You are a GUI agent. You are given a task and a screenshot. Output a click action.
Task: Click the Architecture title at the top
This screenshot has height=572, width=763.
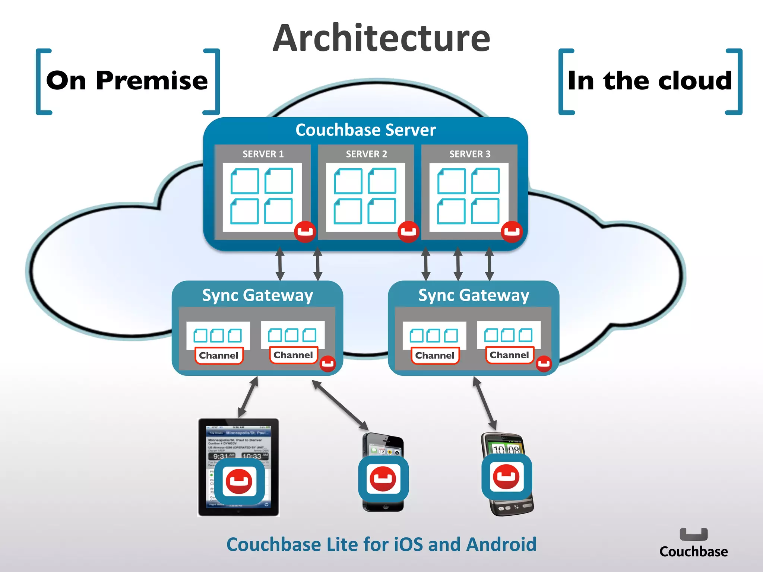[381, 38]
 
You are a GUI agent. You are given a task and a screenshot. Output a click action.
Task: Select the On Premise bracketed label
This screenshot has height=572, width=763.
[127, 81]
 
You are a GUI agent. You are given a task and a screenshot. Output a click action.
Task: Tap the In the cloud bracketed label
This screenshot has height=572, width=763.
[650, 81]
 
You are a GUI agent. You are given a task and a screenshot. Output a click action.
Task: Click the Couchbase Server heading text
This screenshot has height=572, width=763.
[365, 130]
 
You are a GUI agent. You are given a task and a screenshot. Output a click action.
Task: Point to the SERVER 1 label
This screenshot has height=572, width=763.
[263, 154]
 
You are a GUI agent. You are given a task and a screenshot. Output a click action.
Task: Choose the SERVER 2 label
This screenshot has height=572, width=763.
[366, 154]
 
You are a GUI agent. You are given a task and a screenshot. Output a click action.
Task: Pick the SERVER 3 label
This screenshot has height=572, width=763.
[470, 154]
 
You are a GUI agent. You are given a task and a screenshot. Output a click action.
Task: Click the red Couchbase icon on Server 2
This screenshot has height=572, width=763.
[408, 232]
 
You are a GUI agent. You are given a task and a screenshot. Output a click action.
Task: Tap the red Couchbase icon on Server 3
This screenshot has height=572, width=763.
[512, 232]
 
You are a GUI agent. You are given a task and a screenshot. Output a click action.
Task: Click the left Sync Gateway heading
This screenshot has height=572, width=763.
[257, 295]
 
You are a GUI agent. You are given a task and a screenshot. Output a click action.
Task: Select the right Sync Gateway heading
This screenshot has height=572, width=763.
[474, 295]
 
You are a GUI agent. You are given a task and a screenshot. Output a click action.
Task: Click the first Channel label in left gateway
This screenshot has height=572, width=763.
[219, 356]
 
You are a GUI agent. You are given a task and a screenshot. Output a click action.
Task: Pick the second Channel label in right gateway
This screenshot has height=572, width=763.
[509, 355]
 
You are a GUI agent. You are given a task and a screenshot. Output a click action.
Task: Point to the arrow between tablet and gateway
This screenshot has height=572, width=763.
[248, 397]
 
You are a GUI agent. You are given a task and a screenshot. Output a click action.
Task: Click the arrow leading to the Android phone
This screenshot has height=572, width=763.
[485, 403]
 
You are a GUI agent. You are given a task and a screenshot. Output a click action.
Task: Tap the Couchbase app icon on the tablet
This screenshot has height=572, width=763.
[239, 481]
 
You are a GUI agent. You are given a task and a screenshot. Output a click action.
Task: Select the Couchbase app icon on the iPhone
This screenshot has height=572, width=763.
[383, 479]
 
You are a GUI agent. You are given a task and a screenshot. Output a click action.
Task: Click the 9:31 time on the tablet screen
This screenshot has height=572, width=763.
[221, 456]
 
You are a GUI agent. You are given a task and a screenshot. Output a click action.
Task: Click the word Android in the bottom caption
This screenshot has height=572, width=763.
[501, 544]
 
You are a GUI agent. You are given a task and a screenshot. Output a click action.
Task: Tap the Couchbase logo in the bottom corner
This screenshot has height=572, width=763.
[693, 543]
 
